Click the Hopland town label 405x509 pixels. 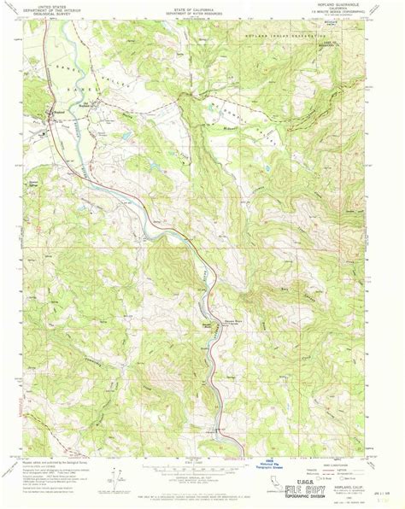point(58,109)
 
